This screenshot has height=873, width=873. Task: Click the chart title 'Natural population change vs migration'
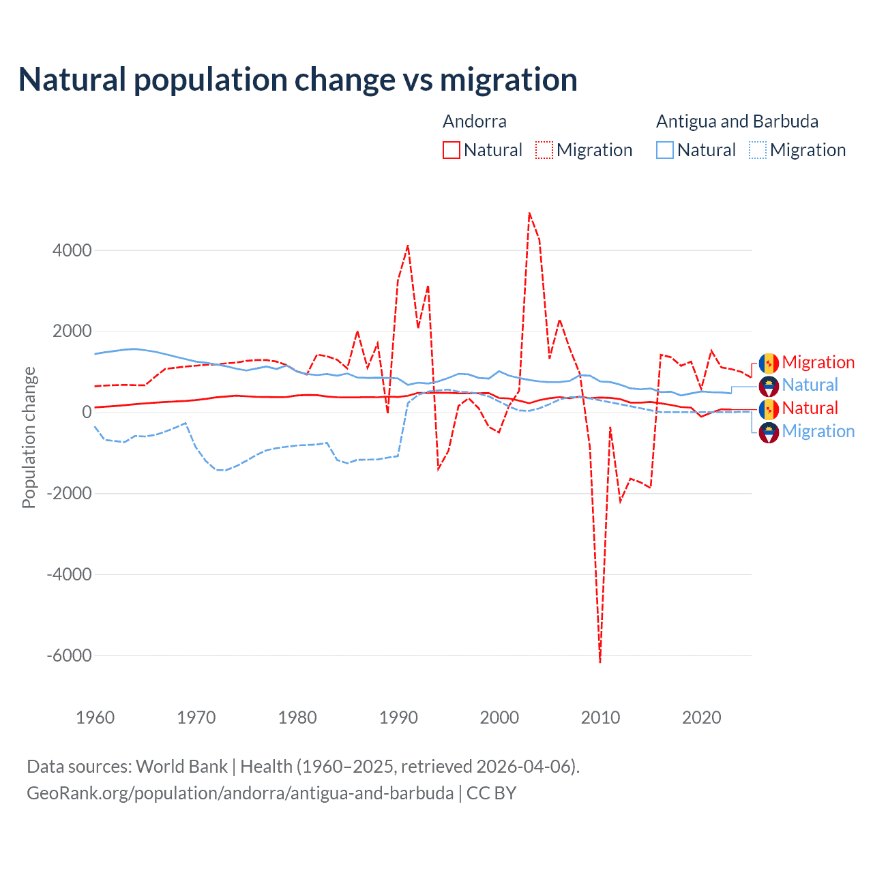click(x=297, y=80)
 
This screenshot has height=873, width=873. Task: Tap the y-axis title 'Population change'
click(x=29, y=437)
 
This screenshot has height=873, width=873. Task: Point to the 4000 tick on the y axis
click(x=72, y=250)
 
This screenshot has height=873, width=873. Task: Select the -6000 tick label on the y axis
click(x=69, y=655)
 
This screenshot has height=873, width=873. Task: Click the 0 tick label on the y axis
click(x=87, y=412)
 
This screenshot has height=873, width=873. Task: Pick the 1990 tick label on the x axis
click(x=398, y=717)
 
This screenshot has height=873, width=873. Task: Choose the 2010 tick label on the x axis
click(x=600, y=717)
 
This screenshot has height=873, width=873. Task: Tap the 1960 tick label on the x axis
click(x=95, y=717)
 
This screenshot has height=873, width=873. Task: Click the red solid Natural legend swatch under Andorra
click(x=451, y=150)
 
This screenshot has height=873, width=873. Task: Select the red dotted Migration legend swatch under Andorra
click(x=544, y=150)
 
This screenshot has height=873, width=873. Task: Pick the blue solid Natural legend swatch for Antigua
click(x=665, y=150)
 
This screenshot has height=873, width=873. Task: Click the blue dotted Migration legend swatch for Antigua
click(x=758, y=150)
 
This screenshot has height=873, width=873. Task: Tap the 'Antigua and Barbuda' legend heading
click(x=737, y=121)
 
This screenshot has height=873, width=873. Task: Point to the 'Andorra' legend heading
click(x=474, y=121)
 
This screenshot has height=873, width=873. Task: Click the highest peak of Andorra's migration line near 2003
click(x=529, y=213)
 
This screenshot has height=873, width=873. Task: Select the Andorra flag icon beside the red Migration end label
click(x=769, y=363)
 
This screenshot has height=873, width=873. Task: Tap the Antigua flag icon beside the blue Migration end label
click(x=769, y=432)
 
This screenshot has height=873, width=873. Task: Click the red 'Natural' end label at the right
click(x=810, y=408)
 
